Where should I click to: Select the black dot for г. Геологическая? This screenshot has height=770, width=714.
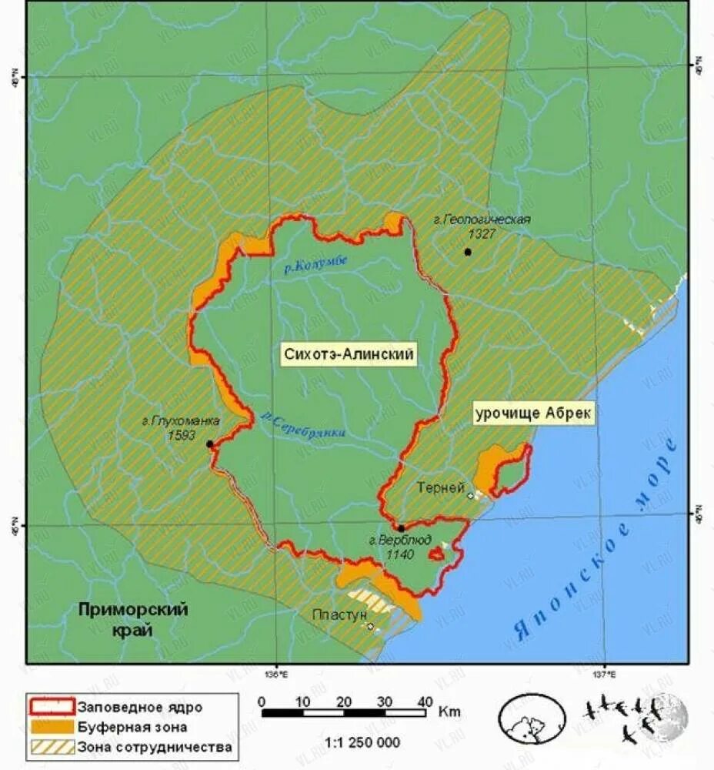pyautogui.click(x=467, y=252)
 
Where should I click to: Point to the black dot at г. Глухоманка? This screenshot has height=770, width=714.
pyautogui.click(x=209, y=444)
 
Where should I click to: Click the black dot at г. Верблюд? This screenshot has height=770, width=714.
pyautogui.click(x=401, y=528)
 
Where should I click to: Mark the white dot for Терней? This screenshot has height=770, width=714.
pyautogui.click(x=470, y=496)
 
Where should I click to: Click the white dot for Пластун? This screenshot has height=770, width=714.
pyautogui.click(x=371, y=627)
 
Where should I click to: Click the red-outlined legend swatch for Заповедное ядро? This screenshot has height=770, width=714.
pyautogui.click(x=52, y=706)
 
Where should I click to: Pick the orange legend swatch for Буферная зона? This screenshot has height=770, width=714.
pyautogui.click(x=52, y=726)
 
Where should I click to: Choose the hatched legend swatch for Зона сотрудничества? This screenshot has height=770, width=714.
pyautogui.click(x=52, y=746)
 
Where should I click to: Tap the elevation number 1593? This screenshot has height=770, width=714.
pyautogui.click(x=182, y=434)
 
